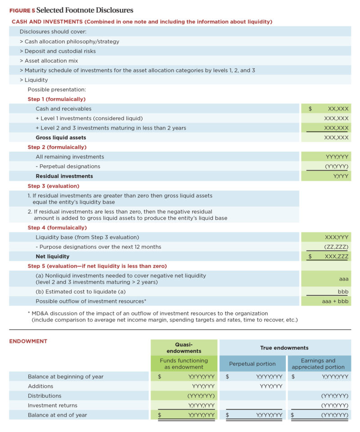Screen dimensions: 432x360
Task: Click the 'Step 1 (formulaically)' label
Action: (x=57, y=99)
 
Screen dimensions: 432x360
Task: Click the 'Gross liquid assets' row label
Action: (x=61, y=137)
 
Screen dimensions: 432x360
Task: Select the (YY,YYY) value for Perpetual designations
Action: (x=335, y=166)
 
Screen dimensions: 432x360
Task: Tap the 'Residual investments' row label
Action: (x=64, y=176)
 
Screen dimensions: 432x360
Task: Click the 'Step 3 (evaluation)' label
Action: (x=53, y=186)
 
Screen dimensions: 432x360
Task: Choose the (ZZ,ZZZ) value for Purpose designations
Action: (x=336, y=247)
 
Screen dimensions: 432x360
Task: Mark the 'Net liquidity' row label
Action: (x=53, y=256)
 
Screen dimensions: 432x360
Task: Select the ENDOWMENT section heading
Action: (x=28, y=341)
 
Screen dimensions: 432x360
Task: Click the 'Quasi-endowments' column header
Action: (x=184, y=347)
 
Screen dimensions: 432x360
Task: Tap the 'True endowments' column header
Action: (x=284, y=347)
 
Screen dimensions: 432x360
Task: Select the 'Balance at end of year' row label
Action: (x=57, y=415)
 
